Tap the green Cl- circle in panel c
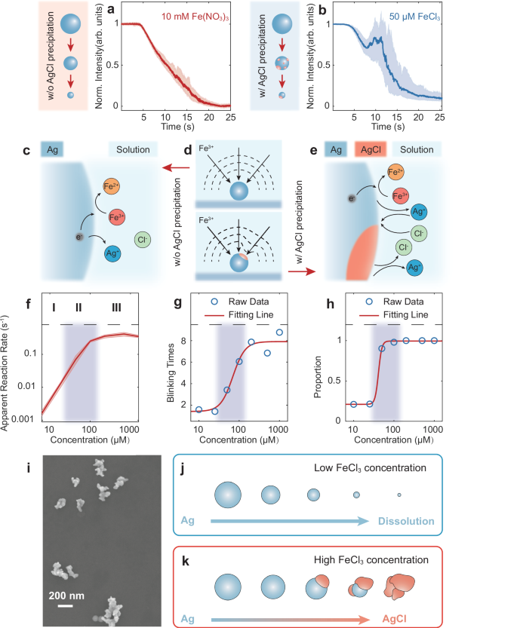(142, 240)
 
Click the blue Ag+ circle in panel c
(111, 255)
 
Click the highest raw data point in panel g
(280, 332)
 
